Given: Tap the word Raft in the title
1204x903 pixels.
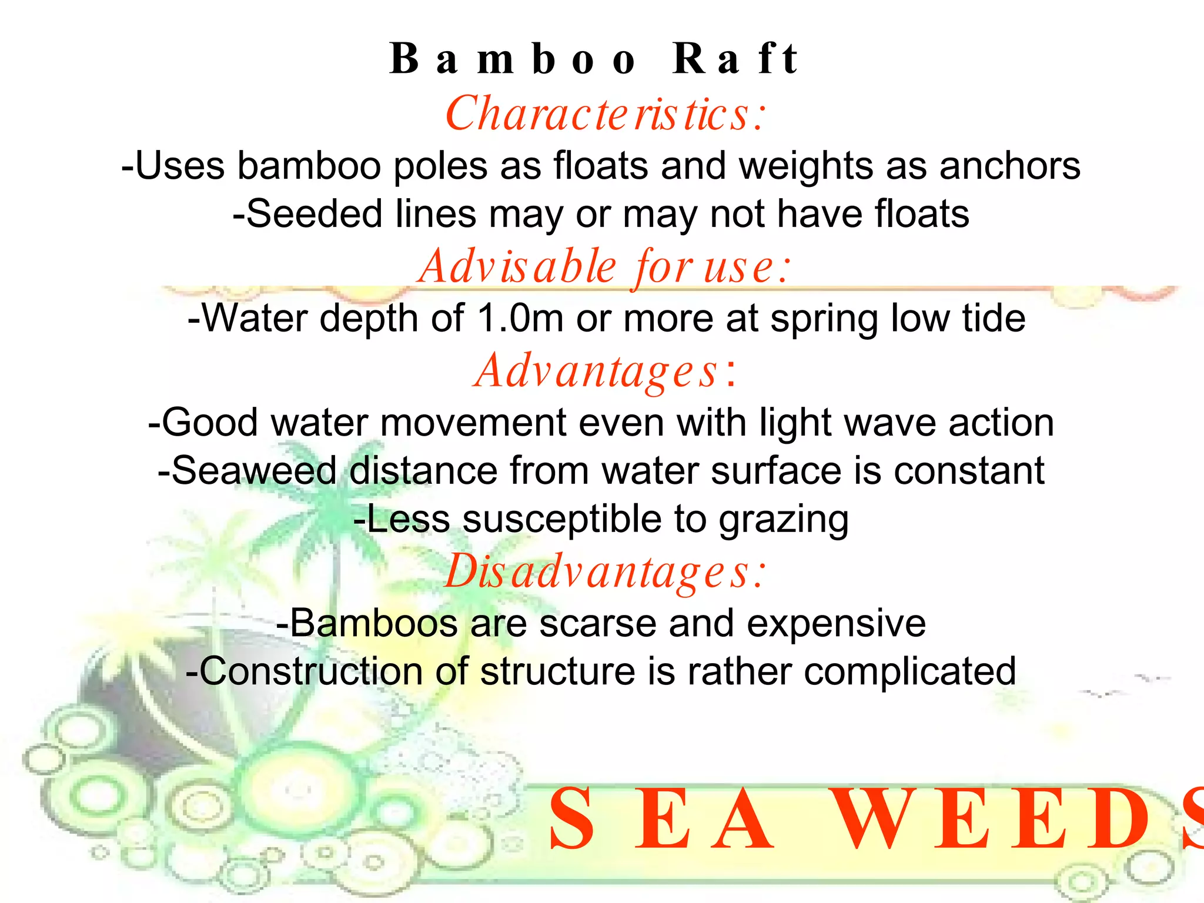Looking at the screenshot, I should click(735, 60).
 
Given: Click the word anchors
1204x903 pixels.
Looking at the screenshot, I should click(1010, 166).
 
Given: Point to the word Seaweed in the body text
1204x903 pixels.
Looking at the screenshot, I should click(247, 471).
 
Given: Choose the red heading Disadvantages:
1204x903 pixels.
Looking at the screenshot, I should click(606, 572).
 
